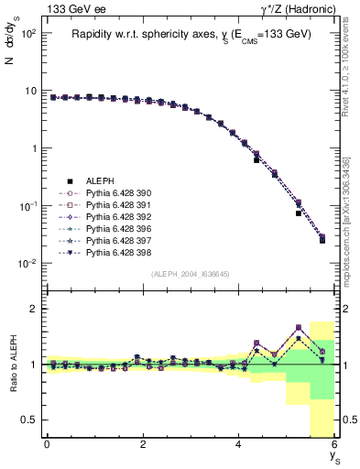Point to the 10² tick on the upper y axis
[x=27, y=33]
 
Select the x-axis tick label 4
[x=238, y=444]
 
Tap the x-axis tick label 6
[x=334, y=444]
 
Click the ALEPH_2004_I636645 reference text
[x=190, y=274]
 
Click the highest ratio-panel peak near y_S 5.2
[x=299, y=327]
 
